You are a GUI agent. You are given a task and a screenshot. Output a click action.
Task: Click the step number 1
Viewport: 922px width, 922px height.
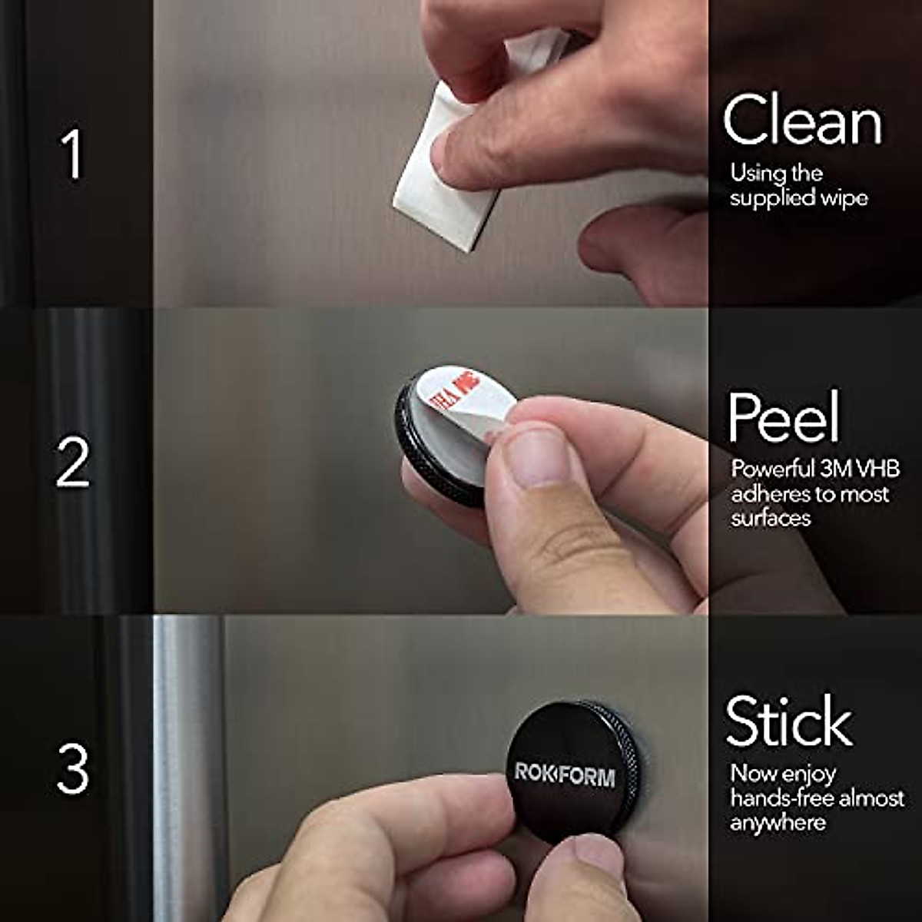(71, 154)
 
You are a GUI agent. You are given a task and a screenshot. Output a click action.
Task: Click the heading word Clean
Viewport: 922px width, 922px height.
(802, 121)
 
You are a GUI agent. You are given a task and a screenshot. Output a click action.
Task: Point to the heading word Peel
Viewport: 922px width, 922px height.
(784, 417)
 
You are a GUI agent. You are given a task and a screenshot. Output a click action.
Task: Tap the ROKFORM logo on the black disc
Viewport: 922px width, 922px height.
(565, 774)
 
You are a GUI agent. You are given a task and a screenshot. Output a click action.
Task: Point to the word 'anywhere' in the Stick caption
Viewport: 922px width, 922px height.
(778, 823)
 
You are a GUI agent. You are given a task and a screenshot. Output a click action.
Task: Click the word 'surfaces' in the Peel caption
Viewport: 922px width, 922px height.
(771, 519)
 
